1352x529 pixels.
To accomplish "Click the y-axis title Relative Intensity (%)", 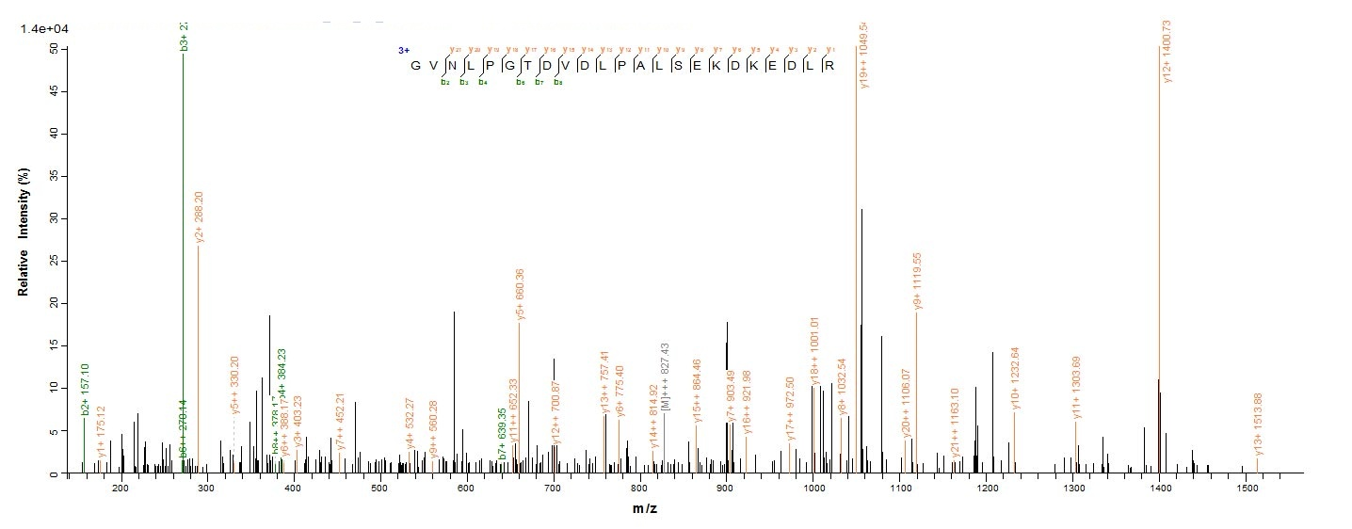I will coord(23,235).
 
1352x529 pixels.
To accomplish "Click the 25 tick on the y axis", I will coord(54,261).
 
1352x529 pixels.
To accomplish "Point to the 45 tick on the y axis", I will coord(54,91).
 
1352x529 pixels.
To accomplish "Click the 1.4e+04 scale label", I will coord(44,29).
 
